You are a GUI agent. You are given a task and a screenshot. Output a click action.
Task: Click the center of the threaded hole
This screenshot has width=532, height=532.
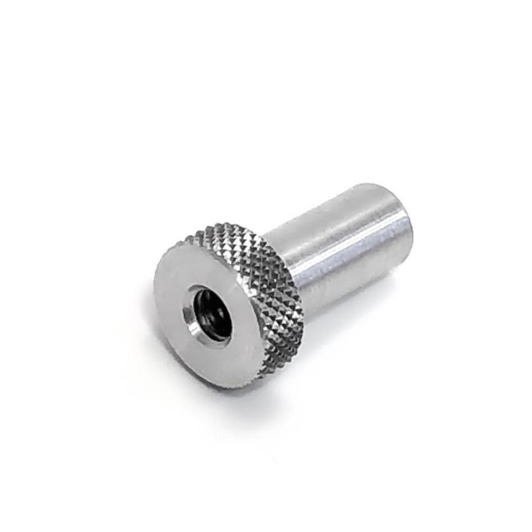tap(209, 312)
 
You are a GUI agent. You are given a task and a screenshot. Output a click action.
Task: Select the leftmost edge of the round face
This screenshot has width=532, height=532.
tap(154, 294)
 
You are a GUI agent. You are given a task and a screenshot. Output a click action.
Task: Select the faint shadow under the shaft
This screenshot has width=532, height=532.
tap(363, 313)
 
